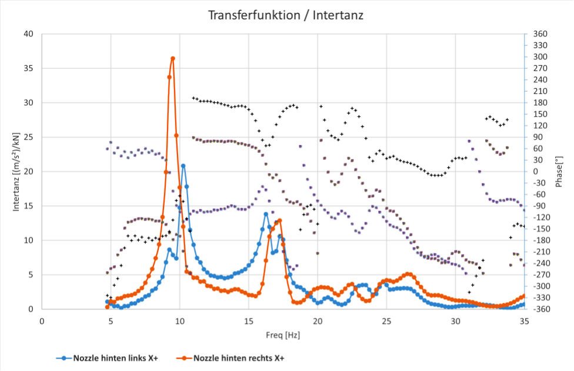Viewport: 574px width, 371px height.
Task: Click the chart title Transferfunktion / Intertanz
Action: pos(286,15)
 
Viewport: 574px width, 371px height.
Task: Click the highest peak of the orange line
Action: pos(173,58)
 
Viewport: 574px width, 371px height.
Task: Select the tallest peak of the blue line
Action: pos(183,166)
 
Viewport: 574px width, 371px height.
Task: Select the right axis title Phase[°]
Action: pos(559,171)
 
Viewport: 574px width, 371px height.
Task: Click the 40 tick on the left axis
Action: pos(28,34)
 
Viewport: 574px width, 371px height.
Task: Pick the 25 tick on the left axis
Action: pos(28,137)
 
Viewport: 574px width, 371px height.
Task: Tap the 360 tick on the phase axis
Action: pos(539,34)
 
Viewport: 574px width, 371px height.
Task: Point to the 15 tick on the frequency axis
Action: pos(248,321)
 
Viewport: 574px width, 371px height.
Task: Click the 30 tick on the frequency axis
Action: pos(455,321)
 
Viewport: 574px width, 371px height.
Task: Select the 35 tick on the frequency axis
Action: pos(524,321)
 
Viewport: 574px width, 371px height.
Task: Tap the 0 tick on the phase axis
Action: pos(535,172)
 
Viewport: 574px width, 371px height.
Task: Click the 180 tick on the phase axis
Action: pos(539,103)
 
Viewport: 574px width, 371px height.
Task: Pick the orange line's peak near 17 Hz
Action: pos(279,220)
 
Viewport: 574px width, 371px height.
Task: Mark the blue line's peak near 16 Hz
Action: pos(266,214)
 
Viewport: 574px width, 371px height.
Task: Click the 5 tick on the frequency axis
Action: pos(111,321)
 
